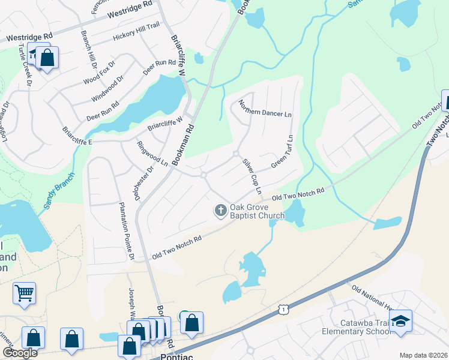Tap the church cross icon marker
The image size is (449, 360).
pos(221,210)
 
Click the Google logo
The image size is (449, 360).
pos(20,353)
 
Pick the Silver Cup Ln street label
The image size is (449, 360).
pos(252,176)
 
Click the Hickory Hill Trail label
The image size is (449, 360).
pos(136,37)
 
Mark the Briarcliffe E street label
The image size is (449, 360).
pos(77,136)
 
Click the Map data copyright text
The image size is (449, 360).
pos(423,355)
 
